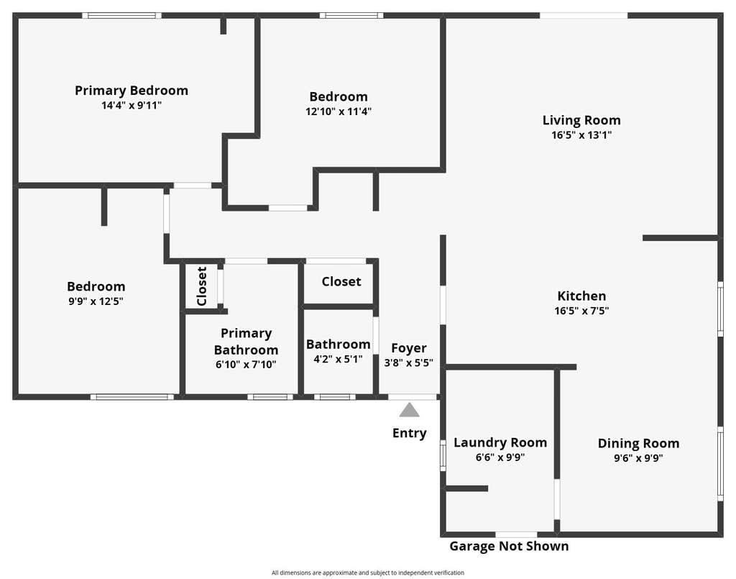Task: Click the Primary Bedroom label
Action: pyautogui.click(x=132, y=91)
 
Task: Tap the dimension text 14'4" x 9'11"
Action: pyautogui.click(x=132, y=105)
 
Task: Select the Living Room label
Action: pyautogui.click(x=581, y=121)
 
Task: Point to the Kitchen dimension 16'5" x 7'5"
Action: pyautogui.click(x=581, y=311)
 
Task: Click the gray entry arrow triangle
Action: pyautogui.click(x=409, y=410)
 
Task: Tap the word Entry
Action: pyautogui.click(x=409, y=433)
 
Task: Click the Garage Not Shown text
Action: pyautogui.click(x=510, y=546)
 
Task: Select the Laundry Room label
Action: pyautogui.click(x=500, y=443)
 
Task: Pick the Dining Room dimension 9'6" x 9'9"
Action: pyautogui.click(x=638, y=458)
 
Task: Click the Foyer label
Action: pyautogui.click(x=409, y=348)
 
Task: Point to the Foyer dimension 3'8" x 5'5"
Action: pyautogui.click(x=409, y=363)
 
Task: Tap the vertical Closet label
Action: pyautogui.click(x=202, y=286)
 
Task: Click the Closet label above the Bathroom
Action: pyautogui.click(x=341, y=282)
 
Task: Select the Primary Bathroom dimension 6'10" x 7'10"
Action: pyautogui.click(x=246, y=365)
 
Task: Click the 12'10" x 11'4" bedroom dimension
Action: pyautogui.click(x=339, y=111)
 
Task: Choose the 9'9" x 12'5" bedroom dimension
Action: pyautogui.click(x=96, y=301)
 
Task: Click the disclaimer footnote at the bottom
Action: pyautogui.click(x=368, y=573)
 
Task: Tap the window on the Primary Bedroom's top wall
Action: pyautogui.click(x=122, y=16)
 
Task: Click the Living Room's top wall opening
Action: pyautogui.click(x=584, y=16)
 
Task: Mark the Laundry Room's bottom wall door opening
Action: pyautogui.click(x=516, y=534)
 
